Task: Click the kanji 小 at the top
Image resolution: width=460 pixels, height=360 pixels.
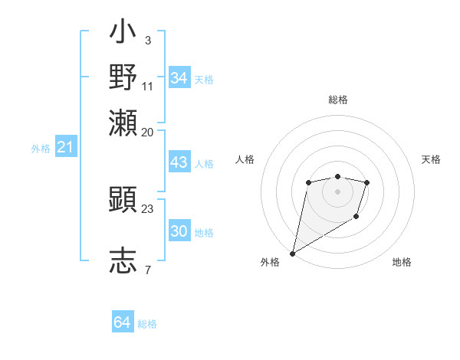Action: tap(123, 35)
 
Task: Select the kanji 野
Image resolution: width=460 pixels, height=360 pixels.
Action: tap(123, 78)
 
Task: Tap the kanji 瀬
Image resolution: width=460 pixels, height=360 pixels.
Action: tap(123, 123)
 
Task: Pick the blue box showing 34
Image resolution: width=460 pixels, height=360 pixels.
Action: tap(179, 78)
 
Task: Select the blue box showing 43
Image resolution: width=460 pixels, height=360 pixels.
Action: tap(179, 163)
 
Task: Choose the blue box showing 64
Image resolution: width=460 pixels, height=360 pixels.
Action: tap(123, 322)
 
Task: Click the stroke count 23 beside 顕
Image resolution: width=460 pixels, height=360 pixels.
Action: tap(148, 208)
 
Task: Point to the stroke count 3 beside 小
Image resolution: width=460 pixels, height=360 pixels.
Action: tap(147, 40)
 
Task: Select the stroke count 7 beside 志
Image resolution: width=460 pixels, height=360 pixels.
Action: tap(147, 269)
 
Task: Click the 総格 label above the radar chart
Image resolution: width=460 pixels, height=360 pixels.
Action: tap(337, 100)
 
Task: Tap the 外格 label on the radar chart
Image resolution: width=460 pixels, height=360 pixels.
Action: tap(270, 262)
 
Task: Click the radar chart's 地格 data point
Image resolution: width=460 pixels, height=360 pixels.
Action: tap(356, 218)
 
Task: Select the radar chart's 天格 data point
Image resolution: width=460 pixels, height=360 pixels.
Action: tap(367, 182)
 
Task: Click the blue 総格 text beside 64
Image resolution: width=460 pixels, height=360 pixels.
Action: tap(147, 324)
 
